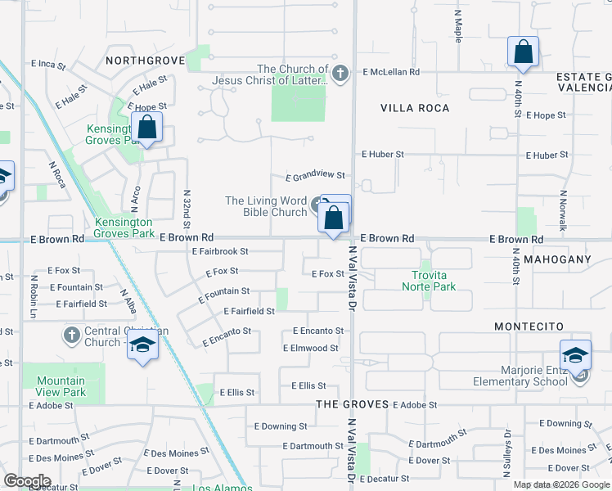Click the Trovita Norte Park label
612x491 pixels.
tap(428, 281)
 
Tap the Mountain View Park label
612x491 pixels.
tap(61, 386)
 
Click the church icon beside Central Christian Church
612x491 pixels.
tap(70, 334)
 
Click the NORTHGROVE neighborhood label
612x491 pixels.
tap(142, 60)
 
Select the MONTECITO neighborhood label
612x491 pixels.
tap(529, 326)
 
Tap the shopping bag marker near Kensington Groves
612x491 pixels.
tap(147, 128)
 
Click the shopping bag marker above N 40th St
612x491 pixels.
tap(523, 52)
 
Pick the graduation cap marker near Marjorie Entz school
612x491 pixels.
tap(575, 357)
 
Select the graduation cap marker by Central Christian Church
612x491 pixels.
tap(142, 347)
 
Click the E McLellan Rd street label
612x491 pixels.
tap(391, 72)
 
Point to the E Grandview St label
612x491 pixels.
tap(316, 176)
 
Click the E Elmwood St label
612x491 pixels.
tap(310, 349)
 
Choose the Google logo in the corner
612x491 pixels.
tap(27, 481)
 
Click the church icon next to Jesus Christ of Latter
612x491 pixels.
tap(341, 74)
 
